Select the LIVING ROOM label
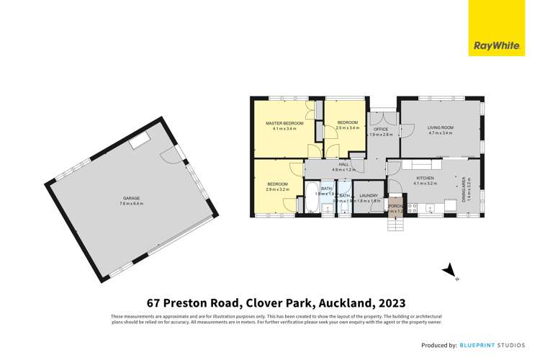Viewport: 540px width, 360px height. point(440,127)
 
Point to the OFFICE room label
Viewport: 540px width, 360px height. point(381,130)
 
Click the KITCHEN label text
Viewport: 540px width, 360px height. point(425,178)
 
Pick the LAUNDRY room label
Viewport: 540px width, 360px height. point(369,195)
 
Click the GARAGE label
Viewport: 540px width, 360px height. point(132,197)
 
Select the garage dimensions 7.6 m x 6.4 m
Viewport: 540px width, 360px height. point(132,203)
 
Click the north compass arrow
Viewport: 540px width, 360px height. point(449,271)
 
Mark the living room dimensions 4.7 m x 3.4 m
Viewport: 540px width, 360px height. point(440,133)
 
